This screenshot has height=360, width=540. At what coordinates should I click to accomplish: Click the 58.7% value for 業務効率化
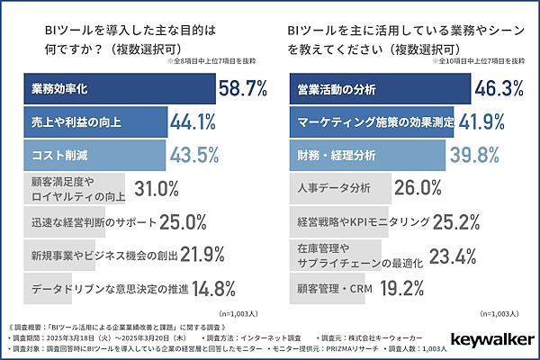tap(245, 88)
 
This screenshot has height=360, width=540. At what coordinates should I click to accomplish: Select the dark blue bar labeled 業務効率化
tap(118, 88)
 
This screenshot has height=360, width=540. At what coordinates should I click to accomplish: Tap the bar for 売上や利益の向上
tap(94, 121)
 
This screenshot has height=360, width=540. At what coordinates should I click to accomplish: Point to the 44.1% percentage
tap(196, 121)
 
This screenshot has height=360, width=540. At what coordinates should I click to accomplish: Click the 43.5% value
tap(195, 154)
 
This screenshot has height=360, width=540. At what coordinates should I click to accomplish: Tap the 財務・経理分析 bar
tap(368, 154)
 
